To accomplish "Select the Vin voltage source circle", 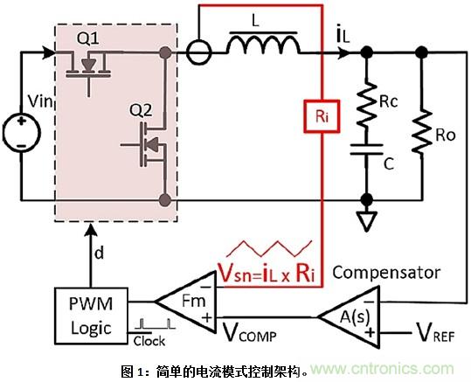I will click(17, 134).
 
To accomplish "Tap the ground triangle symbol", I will click(367, 221).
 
